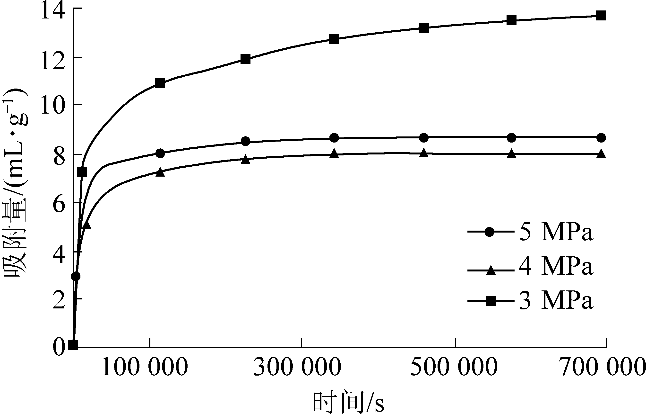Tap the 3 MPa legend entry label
[x=556, y=301]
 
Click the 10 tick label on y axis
[x=53, y=107]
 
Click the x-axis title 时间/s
[x=348, y=402]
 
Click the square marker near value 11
[x=160, y=83]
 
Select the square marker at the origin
[x=73, y=345]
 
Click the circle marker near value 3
[x=76, y=276]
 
